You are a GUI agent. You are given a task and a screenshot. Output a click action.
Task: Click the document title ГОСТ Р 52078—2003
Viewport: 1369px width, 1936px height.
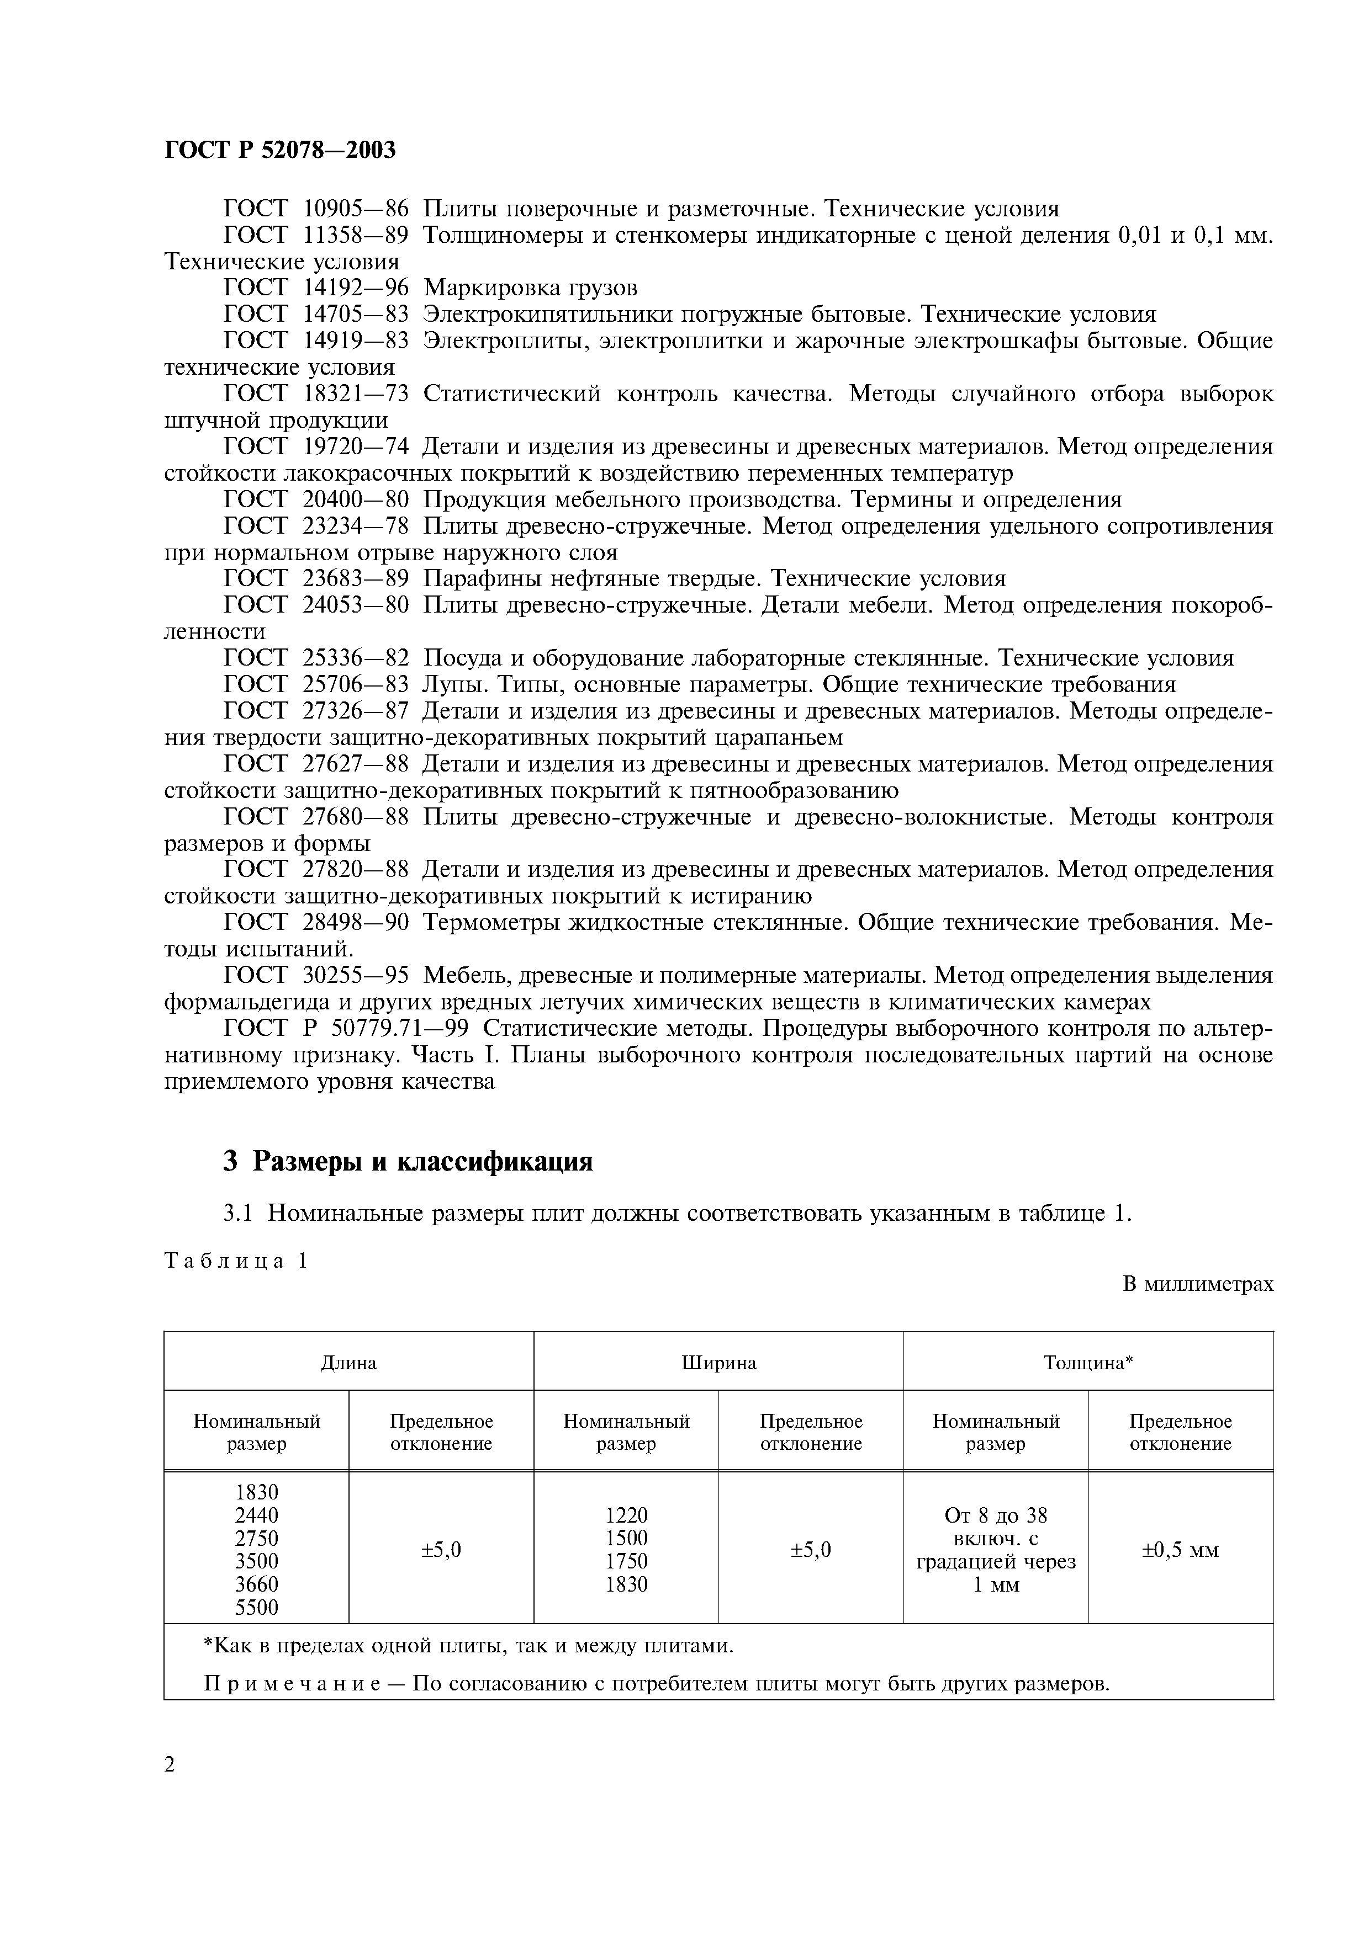279,150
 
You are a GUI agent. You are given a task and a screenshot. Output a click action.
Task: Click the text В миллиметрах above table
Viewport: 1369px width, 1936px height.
1198,1284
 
